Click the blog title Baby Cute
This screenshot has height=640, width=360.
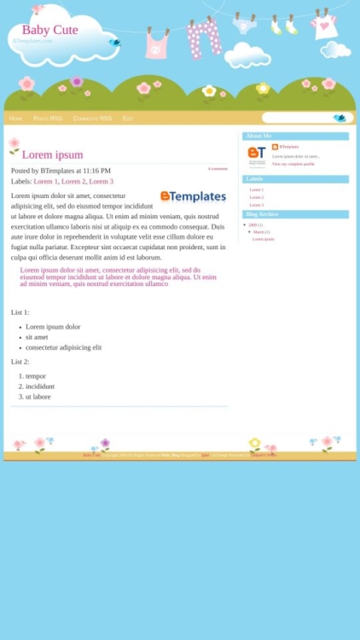tap(49, 30)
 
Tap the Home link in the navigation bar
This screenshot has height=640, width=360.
tap(15, 119)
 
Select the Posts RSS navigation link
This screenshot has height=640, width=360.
tap(48, 119)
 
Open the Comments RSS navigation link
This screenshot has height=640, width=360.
tap(92, 119)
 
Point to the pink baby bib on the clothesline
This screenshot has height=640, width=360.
tap(157, 44)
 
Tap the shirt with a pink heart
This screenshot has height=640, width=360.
tap(324, 26)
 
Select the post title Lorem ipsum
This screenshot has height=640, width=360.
tap(52, 154)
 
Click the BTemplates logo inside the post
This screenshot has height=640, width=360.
tap(193, 196)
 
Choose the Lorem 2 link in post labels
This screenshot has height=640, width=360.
tap(73, 182)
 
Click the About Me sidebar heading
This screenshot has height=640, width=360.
tap(258, 137)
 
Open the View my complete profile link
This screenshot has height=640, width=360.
tap(293, 164)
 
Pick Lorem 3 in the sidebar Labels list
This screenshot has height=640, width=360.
tap(256, 205)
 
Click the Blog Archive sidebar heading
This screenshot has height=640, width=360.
tap(262, 214)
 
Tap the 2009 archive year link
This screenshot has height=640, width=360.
tap(253, 224)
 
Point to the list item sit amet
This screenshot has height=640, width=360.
tap(37, 337)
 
